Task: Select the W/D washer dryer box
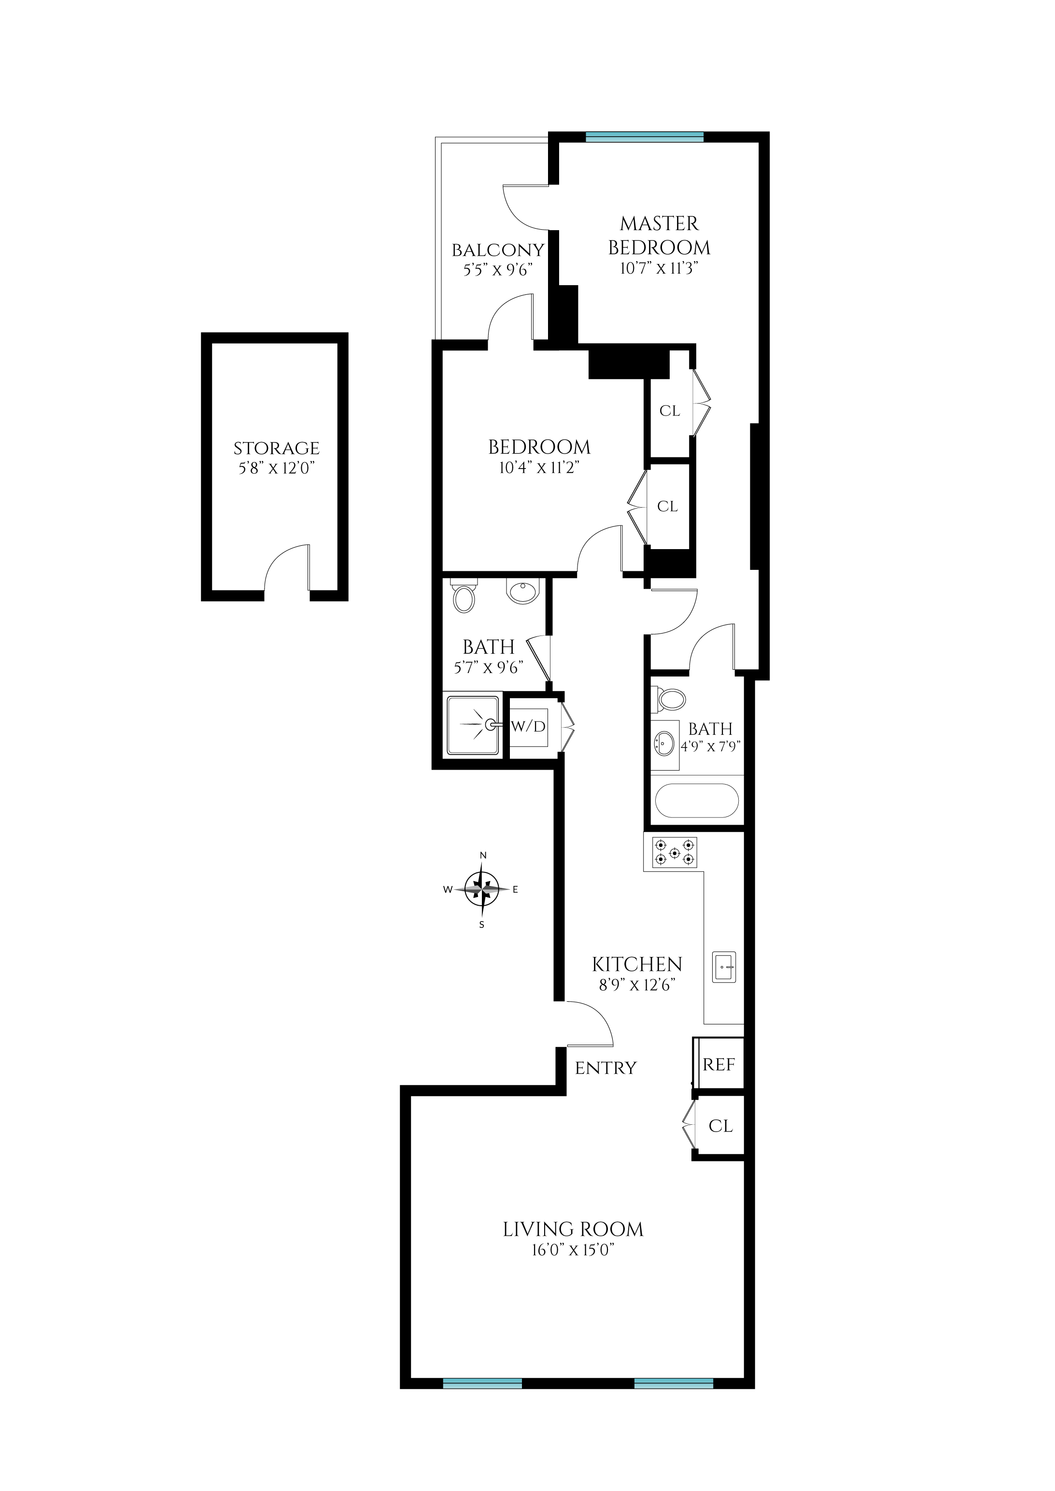528,726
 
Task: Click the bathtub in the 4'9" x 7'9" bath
696,801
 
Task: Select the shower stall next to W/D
473,725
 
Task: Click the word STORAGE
276,448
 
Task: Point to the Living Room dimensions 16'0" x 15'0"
573,1250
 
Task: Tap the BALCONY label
498,250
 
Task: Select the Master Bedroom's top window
645,137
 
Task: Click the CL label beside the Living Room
720,1125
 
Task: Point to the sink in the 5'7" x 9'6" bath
523,592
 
